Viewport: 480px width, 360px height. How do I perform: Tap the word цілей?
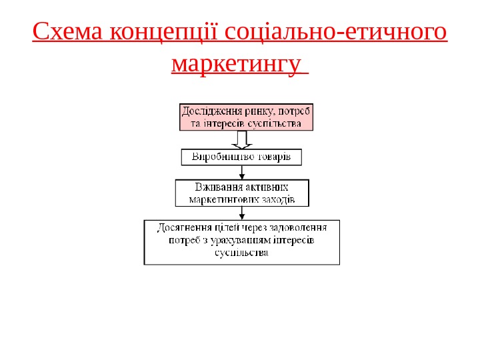[227, 227]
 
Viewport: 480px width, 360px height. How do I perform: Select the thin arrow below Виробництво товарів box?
[241, 172]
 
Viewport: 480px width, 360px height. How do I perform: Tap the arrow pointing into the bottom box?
[241, 213]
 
